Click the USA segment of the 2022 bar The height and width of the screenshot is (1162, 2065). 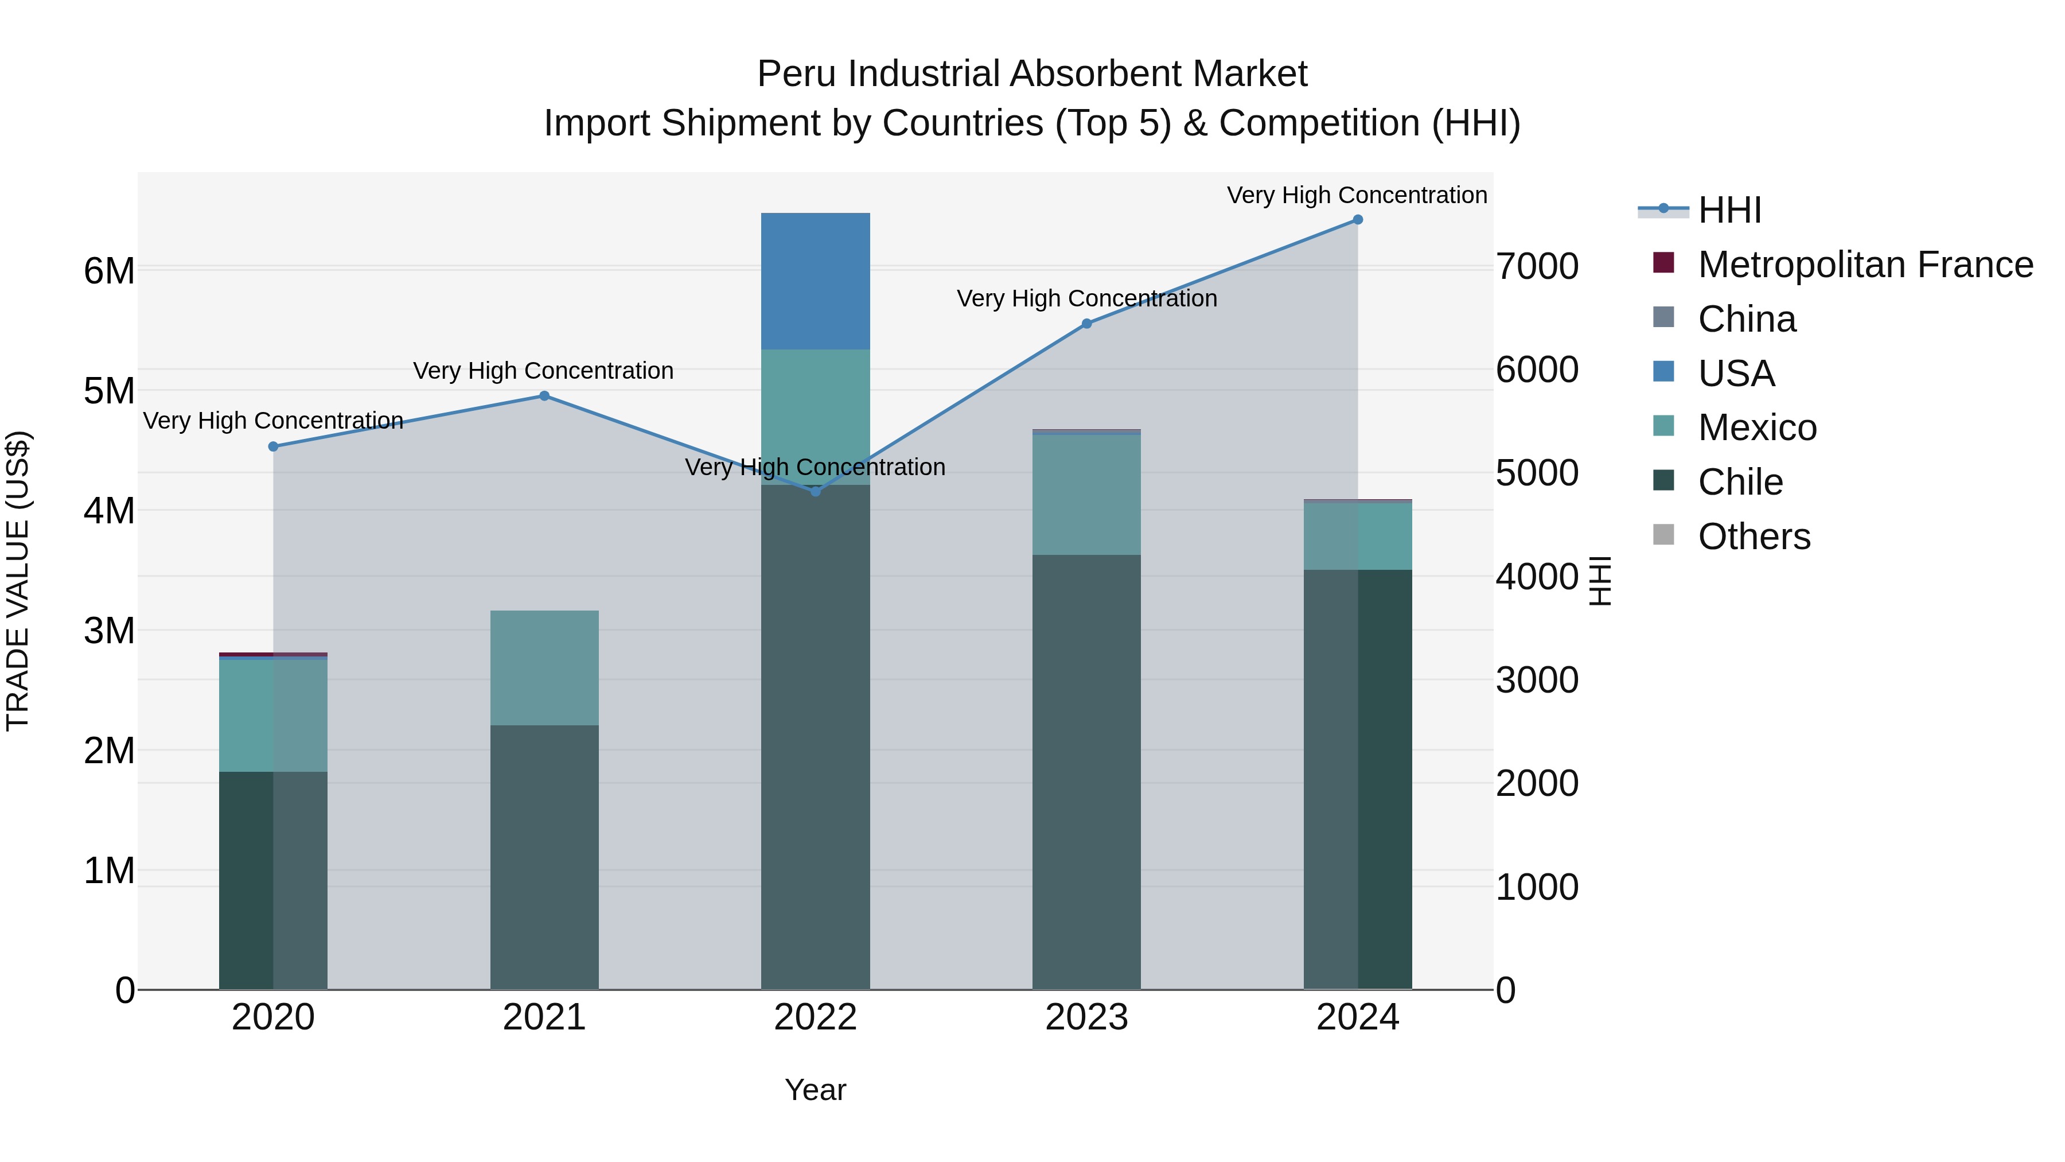tap(815, 281)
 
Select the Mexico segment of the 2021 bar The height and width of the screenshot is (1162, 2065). tap(544, 667)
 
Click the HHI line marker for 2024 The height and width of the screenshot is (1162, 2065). tap(1357, 219)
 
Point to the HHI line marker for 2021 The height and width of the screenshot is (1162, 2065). tap(544, 395)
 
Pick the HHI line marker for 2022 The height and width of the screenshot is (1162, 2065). tap(815, 491)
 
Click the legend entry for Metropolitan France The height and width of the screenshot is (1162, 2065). tap(1865, 264)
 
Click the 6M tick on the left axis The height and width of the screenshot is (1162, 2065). tap(109, 271)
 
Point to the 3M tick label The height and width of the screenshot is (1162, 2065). tap(109, 630)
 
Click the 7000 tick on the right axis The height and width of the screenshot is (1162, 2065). tap(1537, 266)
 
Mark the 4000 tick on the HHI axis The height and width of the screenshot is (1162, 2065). tap(1537, 577)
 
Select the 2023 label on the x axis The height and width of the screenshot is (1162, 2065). tap(1086, 1017)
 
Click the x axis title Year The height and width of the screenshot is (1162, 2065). tap(815, 1090)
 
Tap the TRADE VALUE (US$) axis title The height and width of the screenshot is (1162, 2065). tap(18, 581)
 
